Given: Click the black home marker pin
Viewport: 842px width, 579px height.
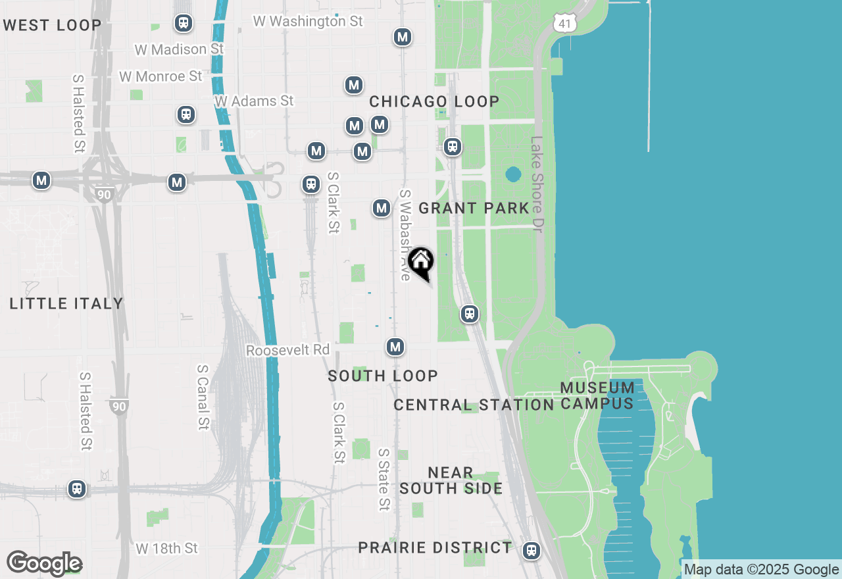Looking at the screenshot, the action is tap(421, 263).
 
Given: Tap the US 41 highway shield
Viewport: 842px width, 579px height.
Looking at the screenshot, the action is tap(565, 24).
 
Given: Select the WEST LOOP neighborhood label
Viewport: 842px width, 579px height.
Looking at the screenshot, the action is tap(53, 26).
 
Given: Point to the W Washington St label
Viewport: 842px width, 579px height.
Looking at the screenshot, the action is tap(308, 22).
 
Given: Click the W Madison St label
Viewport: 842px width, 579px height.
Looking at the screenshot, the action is tap(179, 49).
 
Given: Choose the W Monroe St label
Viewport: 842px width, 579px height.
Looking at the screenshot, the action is tap(161, 76).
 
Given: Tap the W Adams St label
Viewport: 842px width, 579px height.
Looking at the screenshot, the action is tap(254, 101).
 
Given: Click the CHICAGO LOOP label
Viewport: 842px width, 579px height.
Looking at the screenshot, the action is tap(434, 101).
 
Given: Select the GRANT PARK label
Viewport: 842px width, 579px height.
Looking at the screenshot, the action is tap(474, 209).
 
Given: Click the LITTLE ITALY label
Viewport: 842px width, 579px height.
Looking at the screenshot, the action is tap(66, 303).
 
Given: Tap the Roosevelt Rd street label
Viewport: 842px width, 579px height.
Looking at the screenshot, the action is tap(287, 350).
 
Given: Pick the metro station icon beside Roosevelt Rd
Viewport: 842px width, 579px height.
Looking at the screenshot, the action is tap(395, 347).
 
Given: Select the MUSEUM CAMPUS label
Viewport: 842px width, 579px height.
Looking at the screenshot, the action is tap(597, 395).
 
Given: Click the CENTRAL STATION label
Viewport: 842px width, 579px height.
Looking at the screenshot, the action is tap(474, 405).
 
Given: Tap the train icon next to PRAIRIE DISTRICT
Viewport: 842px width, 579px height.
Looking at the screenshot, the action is tap(532, 551).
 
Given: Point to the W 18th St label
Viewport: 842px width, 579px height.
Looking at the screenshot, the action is tap(166, 548).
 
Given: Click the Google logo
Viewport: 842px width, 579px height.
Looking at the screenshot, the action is tap(44, 564).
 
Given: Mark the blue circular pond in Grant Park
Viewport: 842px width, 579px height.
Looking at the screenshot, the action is tap(513, 174).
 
